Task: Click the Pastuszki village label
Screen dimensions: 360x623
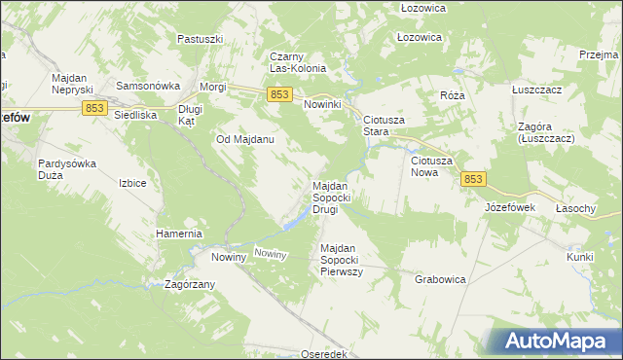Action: pyautogui.click(x=201, y=39)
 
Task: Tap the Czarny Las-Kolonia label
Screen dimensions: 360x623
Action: pyautogui.click(x=305, y=62)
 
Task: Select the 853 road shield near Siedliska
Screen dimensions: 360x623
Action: pyautogui.click(x=94, y=108)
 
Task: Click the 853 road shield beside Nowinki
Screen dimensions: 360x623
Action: pyautogui.click(x=279, y=93)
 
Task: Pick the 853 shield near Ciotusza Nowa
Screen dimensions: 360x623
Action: pyautogui.click(x=473, y=179)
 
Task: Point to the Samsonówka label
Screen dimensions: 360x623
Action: pyautogui.click(x=143, y=86)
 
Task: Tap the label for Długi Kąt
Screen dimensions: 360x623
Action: pyautogui.click(x=191, y=116)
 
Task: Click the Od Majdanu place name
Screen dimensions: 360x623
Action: pyautogui.click(x=244, y=139)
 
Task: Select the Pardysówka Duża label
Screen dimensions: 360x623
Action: pyautogui.click(x=67, y=169)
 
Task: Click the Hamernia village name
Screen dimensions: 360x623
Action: pyautogui.click(x=179, y=234)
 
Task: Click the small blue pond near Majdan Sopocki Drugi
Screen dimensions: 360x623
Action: pyautogui.click(x=291, y=224)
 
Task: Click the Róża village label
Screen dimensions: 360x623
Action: pyautogui.click(x=453, y=96)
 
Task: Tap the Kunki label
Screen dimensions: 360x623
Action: pyautogui.click(x=580, y=257)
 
